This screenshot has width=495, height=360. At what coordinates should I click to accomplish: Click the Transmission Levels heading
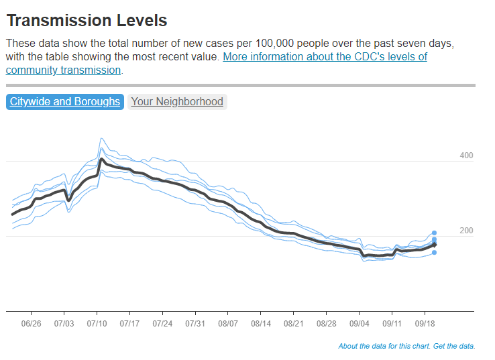pos(87,21)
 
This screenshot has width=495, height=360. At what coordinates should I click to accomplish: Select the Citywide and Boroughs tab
pos(65,102)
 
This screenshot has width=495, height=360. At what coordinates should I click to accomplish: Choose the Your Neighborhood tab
pos(177,102)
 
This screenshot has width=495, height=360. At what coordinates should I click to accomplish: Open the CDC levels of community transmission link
pos(325,57)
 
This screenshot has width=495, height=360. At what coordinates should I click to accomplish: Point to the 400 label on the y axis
pos(466,156)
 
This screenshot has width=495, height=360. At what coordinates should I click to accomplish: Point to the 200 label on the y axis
pos(466,231)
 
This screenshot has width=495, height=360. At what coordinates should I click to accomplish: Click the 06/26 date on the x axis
pos(31,323)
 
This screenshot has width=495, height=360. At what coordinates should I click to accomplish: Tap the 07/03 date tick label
pos(64,323)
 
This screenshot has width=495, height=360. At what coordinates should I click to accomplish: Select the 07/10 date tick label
pos(97,323)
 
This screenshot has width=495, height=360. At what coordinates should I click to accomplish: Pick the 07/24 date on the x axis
pos(162,323)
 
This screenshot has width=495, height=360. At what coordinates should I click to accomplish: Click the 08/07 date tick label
pos(228,323)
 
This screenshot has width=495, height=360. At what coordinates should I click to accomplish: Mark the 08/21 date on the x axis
pos(294,323)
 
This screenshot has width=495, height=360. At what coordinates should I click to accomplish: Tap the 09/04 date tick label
pos(360,323)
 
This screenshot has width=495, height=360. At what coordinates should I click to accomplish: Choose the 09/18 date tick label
pos(425,323)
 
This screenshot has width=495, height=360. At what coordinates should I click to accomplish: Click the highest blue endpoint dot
pos(434,233)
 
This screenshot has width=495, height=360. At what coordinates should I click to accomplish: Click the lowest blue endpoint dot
pos(434,253)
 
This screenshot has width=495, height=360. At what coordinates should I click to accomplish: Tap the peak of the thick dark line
pos(101,160)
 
